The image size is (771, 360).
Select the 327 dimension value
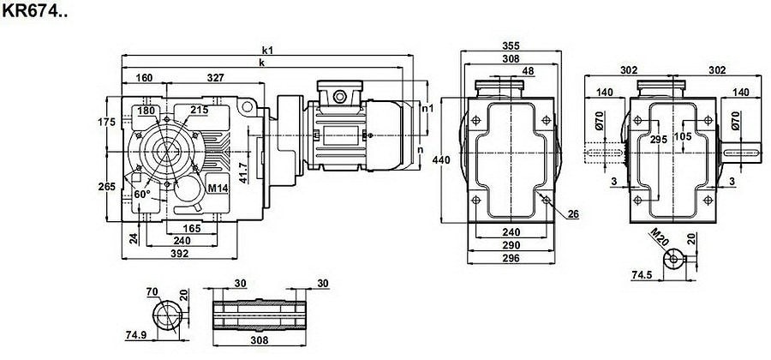tap(215, 78)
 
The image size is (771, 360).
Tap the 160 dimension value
tap(144, 78)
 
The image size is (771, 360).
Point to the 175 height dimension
tap(107, 122)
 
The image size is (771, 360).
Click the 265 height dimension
tap(107, 188)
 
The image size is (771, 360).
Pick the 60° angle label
tap(142, 195)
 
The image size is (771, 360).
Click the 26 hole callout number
tap(573, 213)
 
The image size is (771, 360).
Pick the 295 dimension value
tap(658, 139)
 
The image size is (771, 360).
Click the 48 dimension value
tap(528, 71)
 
